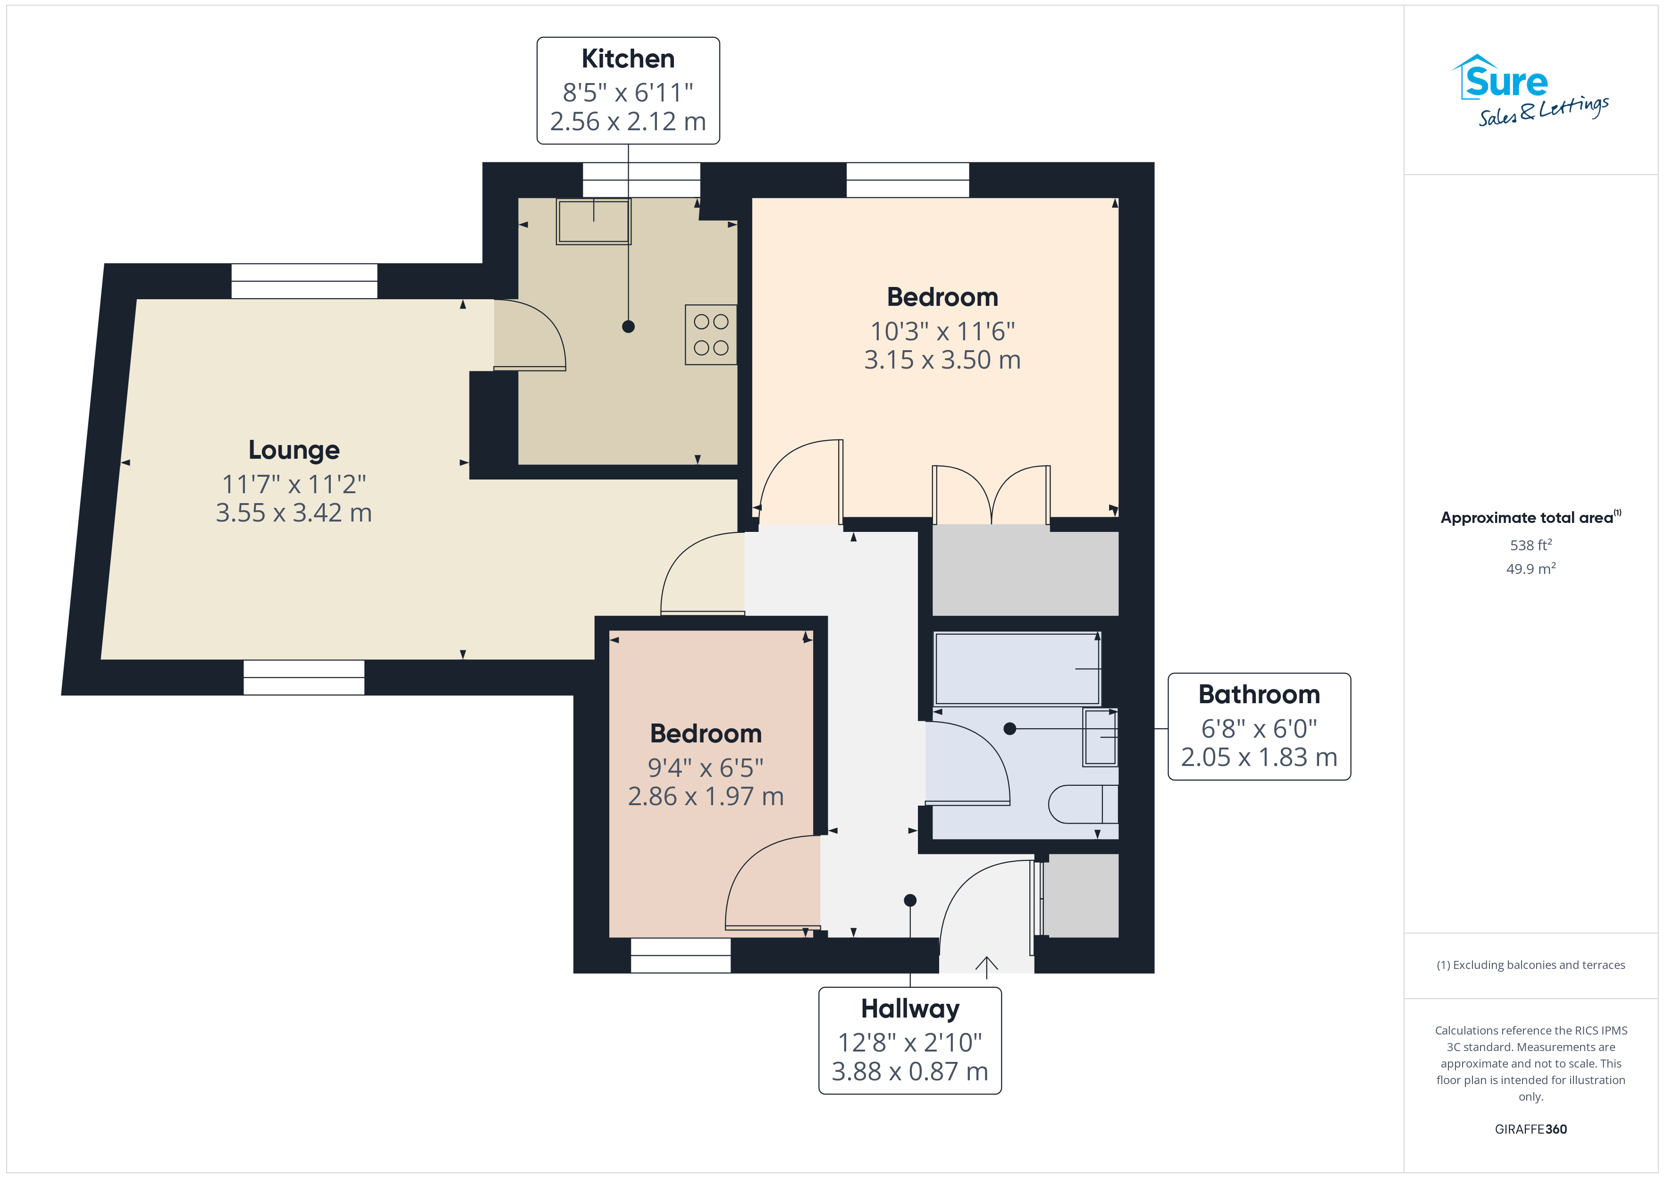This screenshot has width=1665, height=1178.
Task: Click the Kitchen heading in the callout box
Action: pos(628,59)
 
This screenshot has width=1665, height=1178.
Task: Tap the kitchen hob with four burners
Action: pos(711,335)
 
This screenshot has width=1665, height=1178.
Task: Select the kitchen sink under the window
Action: pos(594,221)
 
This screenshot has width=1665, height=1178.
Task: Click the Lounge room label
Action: pos(294,450)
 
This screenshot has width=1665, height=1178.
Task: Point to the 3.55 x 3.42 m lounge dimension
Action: pos(294,513)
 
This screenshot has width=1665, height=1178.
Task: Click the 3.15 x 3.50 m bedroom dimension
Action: pos(942,360)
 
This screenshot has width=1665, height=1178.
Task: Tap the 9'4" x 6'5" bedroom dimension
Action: pos(706,767)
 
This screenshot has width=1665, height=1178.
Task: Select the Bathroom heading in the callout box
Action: pos(1259,694)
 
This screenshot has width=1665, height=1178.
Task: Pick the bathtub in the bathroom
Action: pos(1018,669)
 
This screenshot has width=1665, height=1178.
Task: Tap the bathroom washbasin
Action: pos(1100,737)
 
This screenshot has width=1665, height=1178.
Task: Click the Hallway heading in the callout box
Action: pos(910,1009)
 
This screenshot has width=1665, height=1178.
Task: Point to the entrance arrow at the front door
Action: pos(986,968)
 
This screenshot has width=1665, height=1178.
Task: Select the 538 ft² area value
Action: pos(1531,545)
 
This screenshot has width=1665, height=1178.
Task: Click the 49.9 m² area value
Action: pos(1531,569)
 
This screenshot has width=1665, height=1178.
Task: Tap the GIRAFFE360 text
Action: pos(1531,1129)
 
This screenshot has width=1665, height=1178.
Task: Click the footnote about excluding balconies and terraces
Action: pos(1531,965)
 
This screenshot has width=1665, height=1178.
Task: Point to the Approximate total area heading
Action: pos(1531,517)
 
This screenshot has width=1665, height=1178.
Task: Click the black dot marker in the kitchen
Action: pos(628,327)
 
